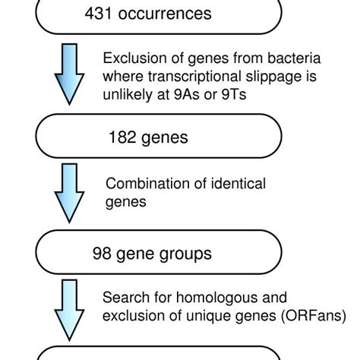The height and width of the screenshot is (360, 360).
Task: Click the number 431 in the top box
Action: (x=122, y=14)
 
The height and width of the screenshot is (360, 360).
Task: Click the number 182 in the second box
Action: (x=122, y=137)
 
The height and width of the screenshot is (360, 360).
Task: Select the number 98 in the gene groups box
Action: (x=102, y=252)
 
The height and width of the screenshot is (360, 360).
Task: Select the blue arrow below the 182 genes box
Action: (x=70, y=193)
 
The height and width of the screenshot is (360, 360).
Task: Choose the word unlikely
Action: (x=125, y=94)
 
